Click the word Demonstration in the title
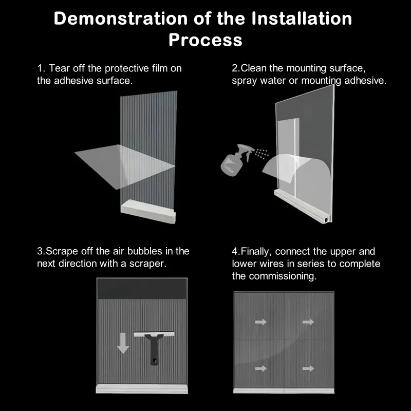pyautogui.click(x=121, y=18)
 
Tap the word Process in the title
pyautogui.click(x=206, y=40)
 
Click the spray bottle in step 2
pyautogui.click(x=235, y=160)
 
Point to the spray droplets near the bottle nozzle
pyautogui.click(x=261, y=153)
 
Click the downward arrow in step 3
pyautogui.click(x=123, y=343)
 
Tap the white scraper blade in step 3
pyautogui.click(x=154, y=334)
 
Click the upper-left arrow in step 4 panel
pyautogui.click(x=261, y=322)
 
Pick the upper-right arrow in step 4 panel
pyautogui.click(x=308, y=322)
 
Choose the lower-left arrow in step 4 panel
pyautogui.click(x=261, y=368)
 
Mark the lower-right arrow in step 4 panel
pyautogui.click(x=308, y=368)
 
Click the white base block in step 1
pyautogui.click(x=148, y=212)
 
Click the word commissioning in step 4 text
pyautogui.click(x=283, y=276)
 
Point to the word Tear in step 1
pyautogui.click(x=59, y=68)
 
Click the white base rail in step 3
pyautogui.click(x=142, y=389)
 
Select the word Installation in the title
pyautogui.click(x=302, y=18)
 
